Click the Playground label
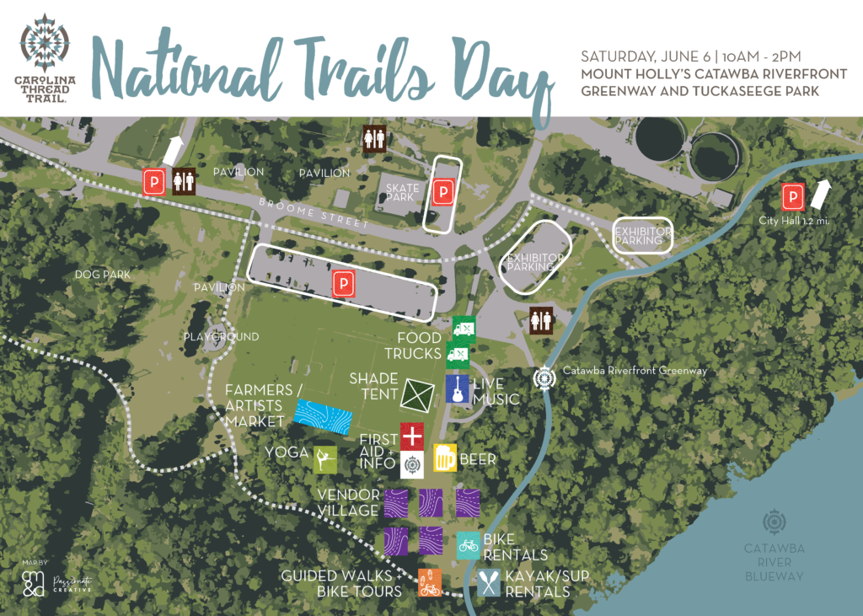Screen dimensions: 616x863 coord(222,337)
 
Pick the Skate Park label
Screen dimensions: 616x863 coord(398,191)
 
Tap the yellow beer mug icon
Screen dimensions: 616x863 coord(444,458)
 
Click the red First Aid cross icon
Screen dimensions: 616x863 coord(411,436)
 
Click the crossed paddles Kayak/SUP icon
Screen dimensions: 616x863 coord(489,582)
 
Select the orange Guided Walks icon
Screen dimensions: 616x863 coord(430,582)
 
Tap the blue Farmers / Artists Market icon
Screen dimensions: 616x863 coord(324,417)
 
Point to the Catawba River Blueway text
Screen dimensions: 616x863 coord(774,562)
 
